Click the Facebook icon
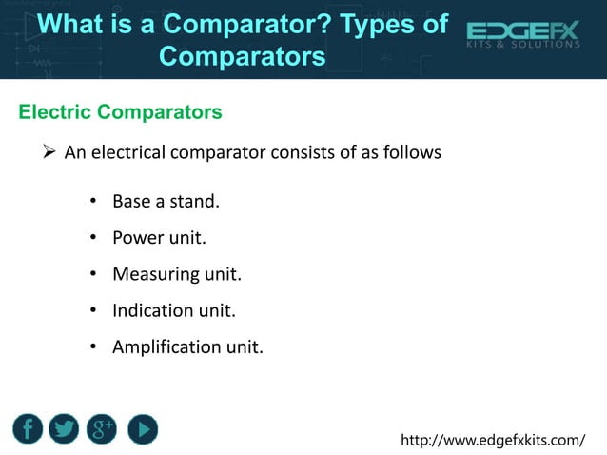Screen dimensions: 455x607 pyautogui.click(x=28, y=428)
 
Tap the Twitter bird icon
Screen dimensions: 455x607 pyautogui.click(x=65, y=428)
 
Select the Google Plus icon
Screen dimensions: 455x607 pyautogui.click(x=103, y=428)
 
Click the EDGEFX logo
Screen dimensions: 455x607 pyautogui.click(x=522, y=37)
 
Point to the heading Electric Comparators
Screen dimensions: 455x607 pyautogui.click(x=121, y=112)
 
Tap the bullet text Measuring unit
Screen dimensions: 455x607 pyautogui.click(x=177, y=274)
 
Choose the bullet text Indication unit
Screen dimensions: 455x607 pyautogui.click(x=173, y=310)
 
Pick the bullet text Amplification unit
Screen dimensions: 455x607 pyautogui.click(x=187, y=346)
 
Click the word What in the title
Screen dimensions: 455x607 pyautogui.click(x=80, y=24)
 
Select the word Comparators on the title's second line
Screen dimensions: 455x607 pyautogui.click(x=242, y=56)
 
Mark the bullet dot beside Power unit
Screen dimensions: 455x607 pyautogui.click(x=94, y=238)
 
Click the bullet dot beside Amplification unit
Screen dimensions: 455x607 pyautogui.click(x=94, y=346)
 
